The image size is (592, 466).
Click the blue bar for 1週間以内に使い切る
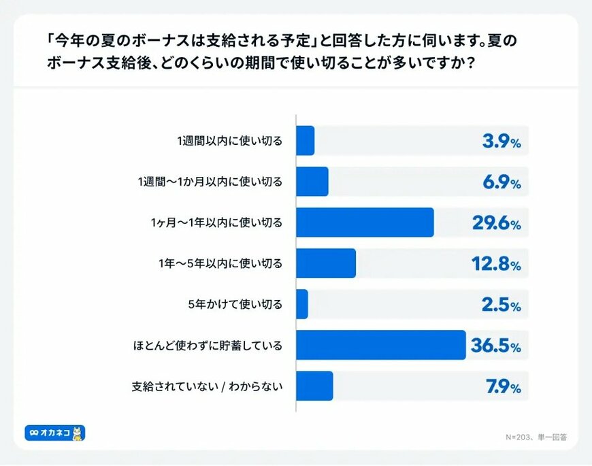tap(305, 141)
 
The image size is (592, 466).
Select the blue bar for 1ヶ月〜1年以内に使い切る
tap(365, 222)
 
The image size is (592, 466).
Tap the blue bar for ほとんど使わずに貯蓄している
tap(380, 345)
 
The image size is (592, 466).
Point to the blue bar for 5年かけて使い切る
tap(302, 304)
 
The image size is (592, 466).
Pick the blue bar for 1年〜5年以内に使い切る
tap(326, 263)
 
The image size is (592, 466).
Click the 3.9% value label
tap(501, 142)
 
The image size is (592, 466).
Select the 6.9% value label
tap(501, 183)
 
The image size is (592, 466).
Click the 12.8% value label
tap(496, 265)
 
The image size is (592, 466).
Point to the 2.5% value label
tap(501, 305)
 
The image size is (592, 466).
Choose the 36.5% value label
tap(496, 346)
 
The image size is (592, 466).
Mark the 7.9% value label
tap(501, 387)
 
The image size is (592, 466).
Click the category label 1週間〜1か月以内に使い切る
tap(209, 182)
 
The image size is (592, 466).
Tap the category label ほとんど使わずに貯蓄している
tap(207, 346)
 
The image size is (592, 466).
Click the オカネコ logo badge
tap(55, 432)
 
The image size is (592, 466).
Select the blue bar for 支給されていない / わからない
tap(314, 386)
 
